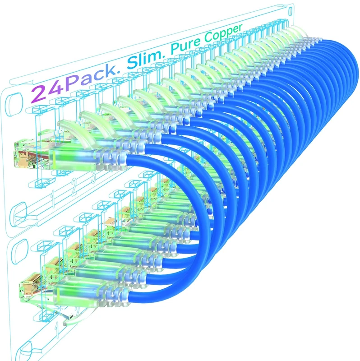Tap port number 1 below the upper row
point(53,196)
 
